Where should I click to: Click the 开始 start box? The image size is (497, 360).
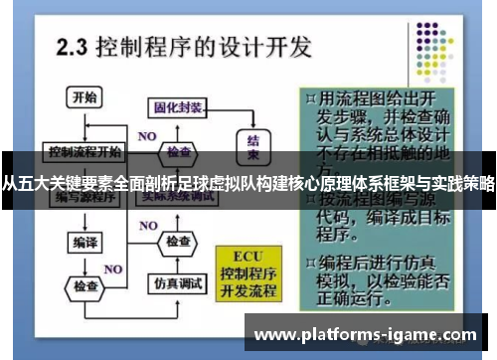click(x=84, y=97)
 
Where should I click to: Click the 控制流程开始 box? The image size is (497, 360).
click(x=84, y=152)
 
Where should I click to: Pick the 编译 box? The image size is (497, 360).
click(x=83, y=243)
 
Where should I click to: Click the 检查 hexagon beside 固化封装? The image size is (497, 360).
click(x=178, y=152)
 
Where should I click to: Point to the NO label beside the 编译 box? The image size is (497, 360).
click(x=112, y=269)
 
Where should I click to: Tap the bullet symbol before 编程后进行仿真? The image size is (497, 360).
click(x=311, y=262)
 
